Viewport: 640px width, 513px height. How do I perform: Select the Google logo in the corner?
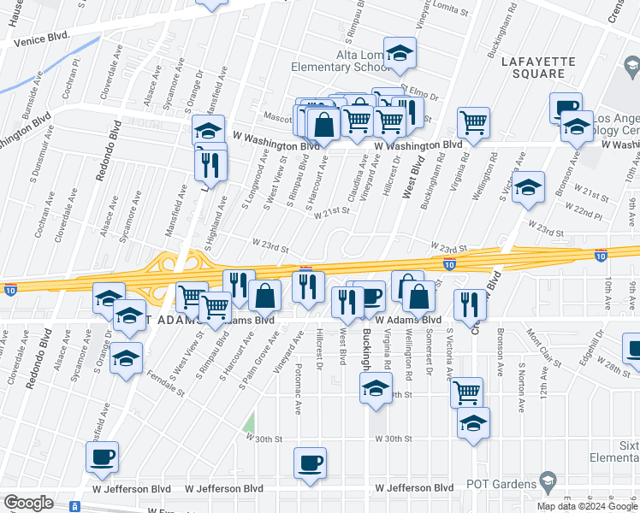tap(28, 503)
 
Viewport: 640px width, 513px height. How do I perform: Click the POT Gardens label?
tap(501, 485)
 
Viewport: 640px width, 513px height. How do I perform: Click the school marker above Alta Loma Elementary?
tap(400, 52)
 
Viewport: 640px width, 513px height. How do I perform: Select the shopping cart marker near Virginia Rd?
tap(473, 121)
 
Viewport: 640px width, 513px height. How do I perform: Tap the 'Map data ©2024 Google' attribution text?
tap(588, 506)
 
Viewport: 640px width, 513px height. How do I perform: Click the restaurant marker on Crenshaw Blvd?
tap(470, 304)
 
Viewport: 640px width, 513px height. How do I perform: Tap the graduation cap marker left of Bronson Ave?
tap(530, 186)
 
